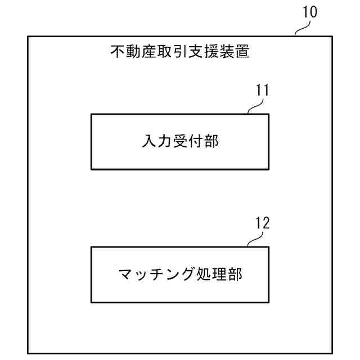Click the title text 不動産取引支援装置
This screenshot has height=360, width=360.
pos(179,53)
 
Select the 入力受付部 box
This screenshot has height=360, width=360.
pos(179,141)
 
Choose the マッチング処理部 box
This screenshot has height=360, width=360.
pos(179,274)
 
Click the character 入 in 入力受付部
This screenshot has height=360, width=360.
pos(148,141)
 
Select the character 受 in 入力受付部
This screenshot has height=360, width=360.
pos(179,141)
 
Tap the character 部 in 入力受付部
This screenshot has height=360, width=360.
pos(211,141)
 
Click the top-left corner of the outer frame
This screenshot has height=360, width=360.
pos(28,37)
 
